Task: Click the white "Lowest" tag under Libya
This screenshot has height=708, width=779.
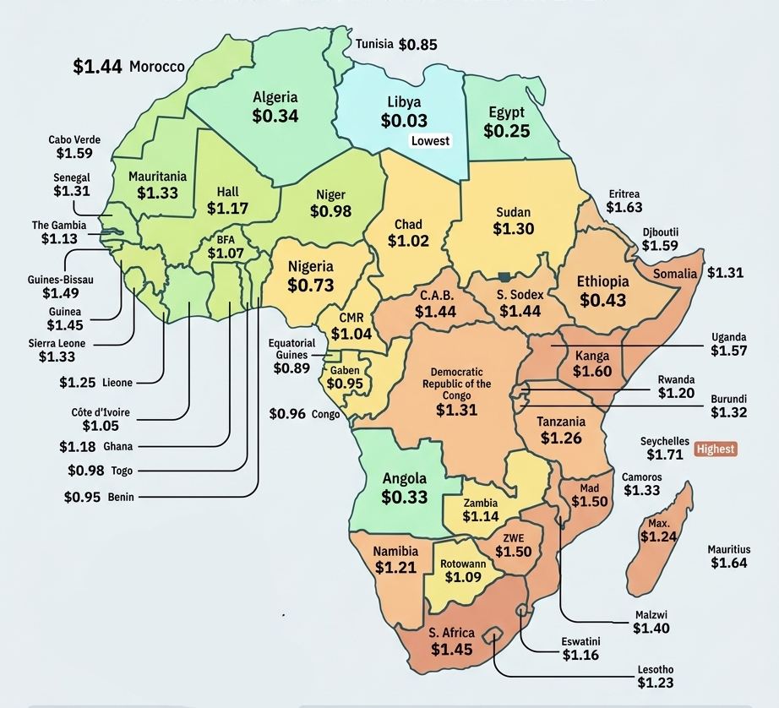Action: (430, 141)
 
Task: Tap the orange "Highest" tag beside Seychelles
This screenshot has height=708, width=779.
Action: (715, 449)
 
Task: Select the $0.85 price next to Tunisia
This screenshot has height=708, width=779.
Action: (418, 45)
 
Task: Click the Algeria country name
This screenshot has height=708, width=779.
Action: (275, 97)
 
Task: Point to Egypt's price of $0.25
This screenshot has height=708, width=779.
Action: (507, 131)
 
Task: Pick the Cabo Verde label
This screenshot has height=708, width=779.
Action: (70, 139)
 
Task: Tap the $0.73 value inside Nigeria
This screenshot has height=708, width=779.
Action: (310, 286)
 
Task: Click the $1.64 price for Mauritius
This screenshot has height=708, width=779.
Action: (728, 563)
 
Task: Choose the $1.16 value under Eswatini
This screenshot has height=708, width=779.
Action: (581, 655)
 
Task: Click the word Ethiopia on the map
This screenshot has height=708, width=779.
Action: (602, 282)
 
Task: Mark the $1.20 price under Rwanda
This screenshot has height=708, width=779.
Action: (676, 394)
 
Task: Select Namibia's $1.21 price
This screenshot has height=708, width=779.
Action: (395, 567)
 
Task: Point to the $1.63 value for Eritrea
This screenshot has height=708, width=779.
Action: (624, 207)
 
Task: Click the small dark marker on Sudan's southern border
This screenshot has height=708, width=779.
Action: (504, 276)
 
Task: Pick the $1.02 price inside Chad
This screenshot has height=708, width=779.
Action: (408, 241)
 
